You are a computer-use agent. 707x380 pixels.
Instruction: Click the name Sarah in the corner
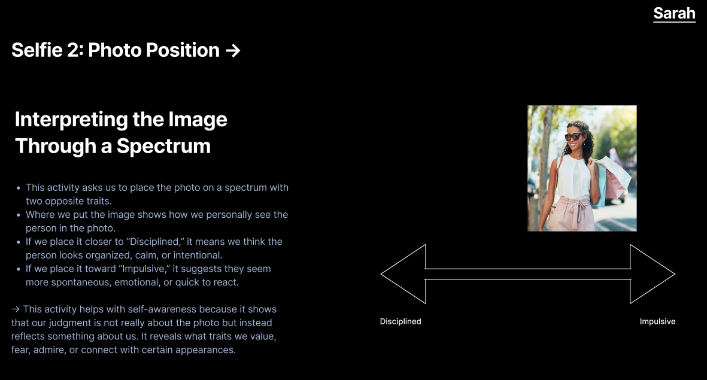[674, 13]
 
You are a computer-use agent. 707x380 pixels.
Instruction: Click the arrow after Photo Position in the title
[233, 51]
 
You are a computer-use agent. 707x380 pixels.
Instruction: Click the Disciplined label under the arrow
[400, 322]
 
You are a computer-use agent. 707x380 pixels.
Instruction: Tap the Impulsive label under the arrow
[657, 322]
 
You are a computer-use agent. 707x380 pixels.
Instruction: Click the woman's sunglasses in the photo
[573, 136]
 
